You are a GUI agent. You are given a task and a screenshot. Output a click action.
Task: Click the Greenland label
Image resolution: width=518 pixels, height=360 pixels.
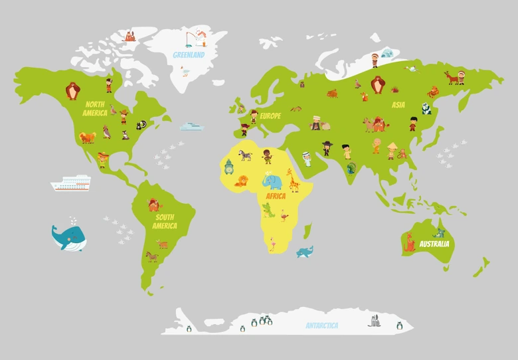coord(189,55)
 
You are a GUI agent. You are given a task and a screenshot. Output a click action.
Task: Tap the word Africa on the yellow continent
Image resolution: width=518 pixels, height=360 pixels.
coord(276,197)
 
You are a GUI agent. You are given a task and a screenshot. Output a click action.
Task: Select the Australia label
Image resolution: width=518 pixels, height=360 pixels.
coord(434,244)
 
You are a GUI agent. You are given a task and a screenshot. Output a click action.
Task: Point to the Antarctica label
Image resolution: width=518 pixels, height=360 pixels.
coord(322,325)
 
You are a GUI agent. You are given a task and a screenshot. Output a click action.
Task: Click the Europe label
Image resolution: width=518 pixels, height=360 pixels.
coord(270,116)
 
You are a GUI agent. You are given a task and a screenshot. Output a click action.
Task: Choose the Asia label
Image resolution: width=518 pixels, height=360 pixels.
coord(398,105)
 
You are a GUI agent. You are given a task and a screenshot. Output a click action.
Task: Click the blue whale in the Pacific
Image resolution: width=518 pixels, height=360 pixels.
coord(68,238)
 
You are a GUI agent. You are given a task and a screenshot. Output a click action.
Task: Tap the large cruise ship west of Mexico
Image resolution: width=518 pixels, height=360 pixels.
coord(71,183)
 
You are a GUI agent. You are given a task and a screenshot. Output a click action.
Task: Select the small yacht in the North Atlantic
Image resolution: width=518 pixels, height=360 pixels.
coord(191,126)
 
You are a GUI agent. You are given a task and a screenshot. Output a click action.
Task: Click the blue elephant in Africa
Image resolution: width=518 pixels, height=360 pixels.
coord(272,181)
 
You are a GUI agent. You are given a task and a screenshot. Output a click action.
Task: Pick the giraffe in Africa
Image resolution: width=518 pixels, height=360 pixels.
coord(293,180)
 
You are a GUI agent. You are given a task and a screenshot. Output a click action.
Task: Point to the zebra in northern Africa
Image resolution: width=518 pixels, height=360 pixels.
coord(246,155)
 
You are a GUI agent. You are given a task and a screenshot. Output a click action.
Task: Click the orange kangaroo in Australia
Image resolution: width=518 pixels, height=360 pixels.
coord(410,244)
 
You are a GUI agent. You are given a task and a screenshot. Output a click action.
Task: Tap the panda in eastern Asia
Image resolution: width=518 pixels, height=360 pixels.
coord(426,110)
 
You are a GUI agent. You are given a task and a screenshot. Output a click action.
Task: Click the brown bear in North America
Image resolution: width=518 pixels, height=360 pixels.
coord(72,90)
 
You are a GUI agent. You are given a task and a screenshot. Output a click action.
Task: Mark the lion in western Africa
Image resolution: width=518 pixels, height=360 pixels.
coord(242,181)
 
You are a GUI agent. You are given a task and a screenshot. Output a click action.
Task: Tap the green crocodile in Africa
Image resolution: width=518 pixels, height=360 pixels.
coord(268,211)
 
